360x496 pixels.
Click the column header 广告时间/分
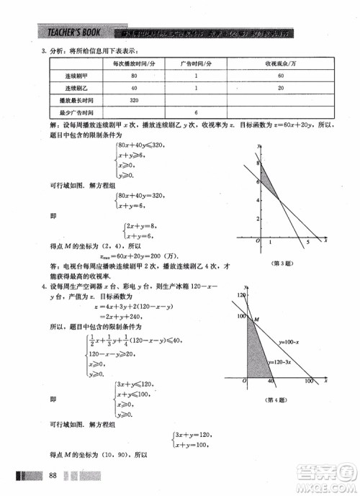click(195, 63)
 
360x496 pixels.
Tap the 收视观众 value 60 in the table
click(280, 76)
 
